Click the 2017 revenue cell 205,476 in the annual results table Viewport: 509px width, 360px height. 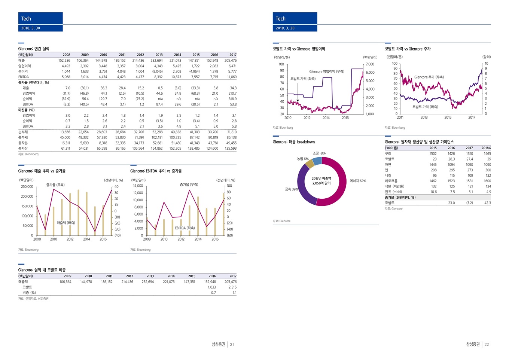point(230,60)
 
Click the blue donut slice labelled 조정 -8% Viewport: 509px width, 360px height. point(317,161)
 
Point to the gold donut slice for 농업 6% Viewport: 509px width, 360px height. point(310,164)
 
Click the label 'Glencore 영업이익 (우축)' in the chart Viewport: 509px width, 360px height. point(326,71)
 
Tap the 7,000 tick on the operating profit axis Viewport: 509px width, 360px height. point(370,64)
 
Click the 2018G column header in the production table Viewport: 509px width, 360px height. point(486,148)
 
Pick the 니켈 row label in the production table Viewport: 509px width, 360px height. point(388,175)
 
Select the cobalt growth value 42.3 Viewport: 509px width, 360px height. point(487,203)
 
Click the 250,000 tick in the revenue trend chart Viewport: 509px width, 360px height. point(27,186)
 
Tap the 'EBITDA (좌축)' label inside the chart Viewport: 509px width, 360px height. point(185,228)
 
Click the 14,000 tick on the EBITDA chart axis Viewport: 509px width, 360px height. point(138,186)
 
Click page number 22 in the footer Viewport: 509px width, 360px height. point(487,344)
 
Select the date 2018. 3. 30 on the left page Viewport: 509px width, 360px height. point(31,28)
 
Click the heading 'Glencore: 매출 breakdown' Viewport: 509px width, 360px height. point(293,142)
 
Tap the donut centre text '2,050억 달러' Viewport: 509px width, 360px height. point(321,183)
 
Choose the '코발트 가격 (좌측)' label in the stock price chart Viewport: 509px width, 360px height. point(425,107)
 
